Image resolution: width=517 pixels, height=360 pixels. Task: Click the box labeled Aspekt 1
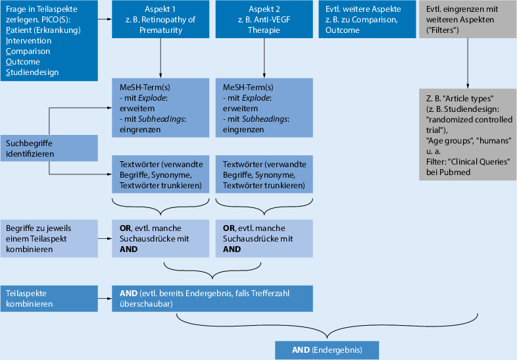[x=160, y=20]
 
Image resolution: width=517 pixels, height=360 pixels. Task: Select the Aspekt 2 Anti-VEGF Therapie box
[x=264, y=20]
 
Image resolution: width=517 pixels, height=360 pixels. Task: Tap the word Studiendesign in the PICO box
[x=32, y=72]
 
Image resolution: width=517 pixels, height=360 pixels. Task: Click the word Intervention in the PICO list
[x=28, y=41]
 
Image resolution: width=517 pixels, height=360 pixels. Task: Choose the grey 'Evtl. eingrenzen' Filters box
[x=467, y=20]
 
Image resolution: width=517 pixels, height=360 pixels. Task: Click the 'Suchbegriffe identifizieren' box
[x=49, y=148]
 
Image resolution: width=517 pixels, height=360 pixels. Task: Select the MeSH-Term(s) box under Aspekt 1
[x=160, y=109]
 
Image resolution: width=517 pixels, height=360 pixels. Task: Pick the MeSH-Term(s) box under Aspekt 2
[x=264, y=109]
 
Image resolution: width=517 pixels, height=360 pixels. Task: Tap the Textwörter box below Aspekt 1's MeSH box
[x=160, y=175]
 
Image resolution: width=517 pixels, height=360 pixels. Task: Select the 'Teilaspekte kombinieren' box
[x=49, y=297]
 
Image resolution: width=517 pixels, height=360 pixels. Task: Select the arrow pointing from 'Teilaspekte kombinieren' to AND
[x=105, y=297]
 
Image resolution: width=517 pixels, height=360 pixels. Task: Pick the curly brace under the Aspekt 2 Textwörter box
[x=264, y=203]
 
